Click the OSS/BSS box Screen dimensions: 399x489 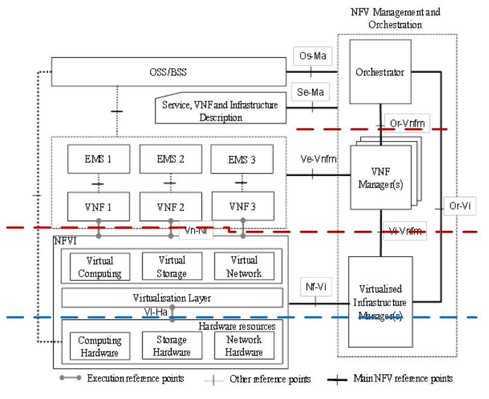[x=168, y=72]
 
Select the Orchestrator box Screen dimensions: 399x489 [x=379, y=72]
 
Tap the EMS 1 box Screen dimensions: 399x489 [x=98, y=160]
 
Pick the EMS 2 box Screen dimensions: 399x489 [x=170, y=160]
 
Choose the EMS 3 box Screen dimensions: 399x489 [x=241, y=160]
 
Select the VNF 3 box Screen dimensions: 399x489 [x=243, y=206]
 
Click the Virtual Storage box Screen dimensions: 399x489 [x=172, y=266]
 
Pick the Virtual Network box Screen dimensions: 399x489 [x=244, y=266]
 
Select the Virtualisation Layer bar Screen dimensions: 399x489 [x=172, y=298]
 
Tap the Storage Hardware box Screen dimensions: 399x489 [x=172, y=347]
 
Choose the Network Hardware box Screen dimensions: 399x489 [x=244, y=346]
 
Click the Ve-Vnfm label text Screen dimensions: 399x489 [x=318, y=159]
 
